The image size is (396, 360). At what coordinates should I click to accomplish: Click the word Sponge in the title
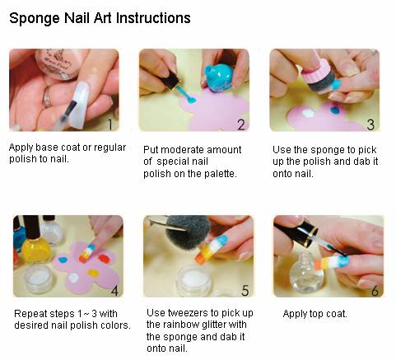click(x=35, y=19)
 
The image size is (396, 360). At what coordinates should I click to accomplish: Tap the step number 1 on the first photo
click(x=109, y=124)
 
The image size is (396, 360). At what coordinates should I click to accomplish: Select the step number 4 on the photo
click(x=114, y=291)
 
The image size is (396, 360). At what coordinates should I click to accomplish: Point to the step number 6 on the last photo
click(x=375, y=291)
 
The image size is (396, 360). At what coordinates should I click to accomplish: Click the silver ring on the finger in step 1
click(x=47, y=97)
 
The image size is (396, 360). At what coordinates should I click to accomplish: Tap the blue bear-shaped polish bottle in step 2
click(x=219, y=78)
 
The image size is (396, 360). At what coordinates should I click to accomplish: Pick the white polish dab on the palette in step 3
click(x=307, y=113)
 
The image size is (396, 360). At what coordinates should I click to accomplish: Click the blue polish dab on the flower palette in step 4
click(x=63, y=259)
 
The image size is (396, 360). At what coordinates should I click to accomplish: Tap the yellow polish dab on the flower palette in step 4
click(x=93, y=274)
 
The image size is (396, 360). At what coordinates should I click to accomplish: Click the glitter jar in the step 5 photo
click(x=194, y=280)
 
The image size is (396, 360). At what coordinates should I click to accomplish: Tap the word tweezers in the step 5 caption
click(x=188, y=313)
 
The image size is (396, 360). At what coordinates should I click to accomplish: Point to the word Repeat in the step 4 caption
click(x=30, y=314)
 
